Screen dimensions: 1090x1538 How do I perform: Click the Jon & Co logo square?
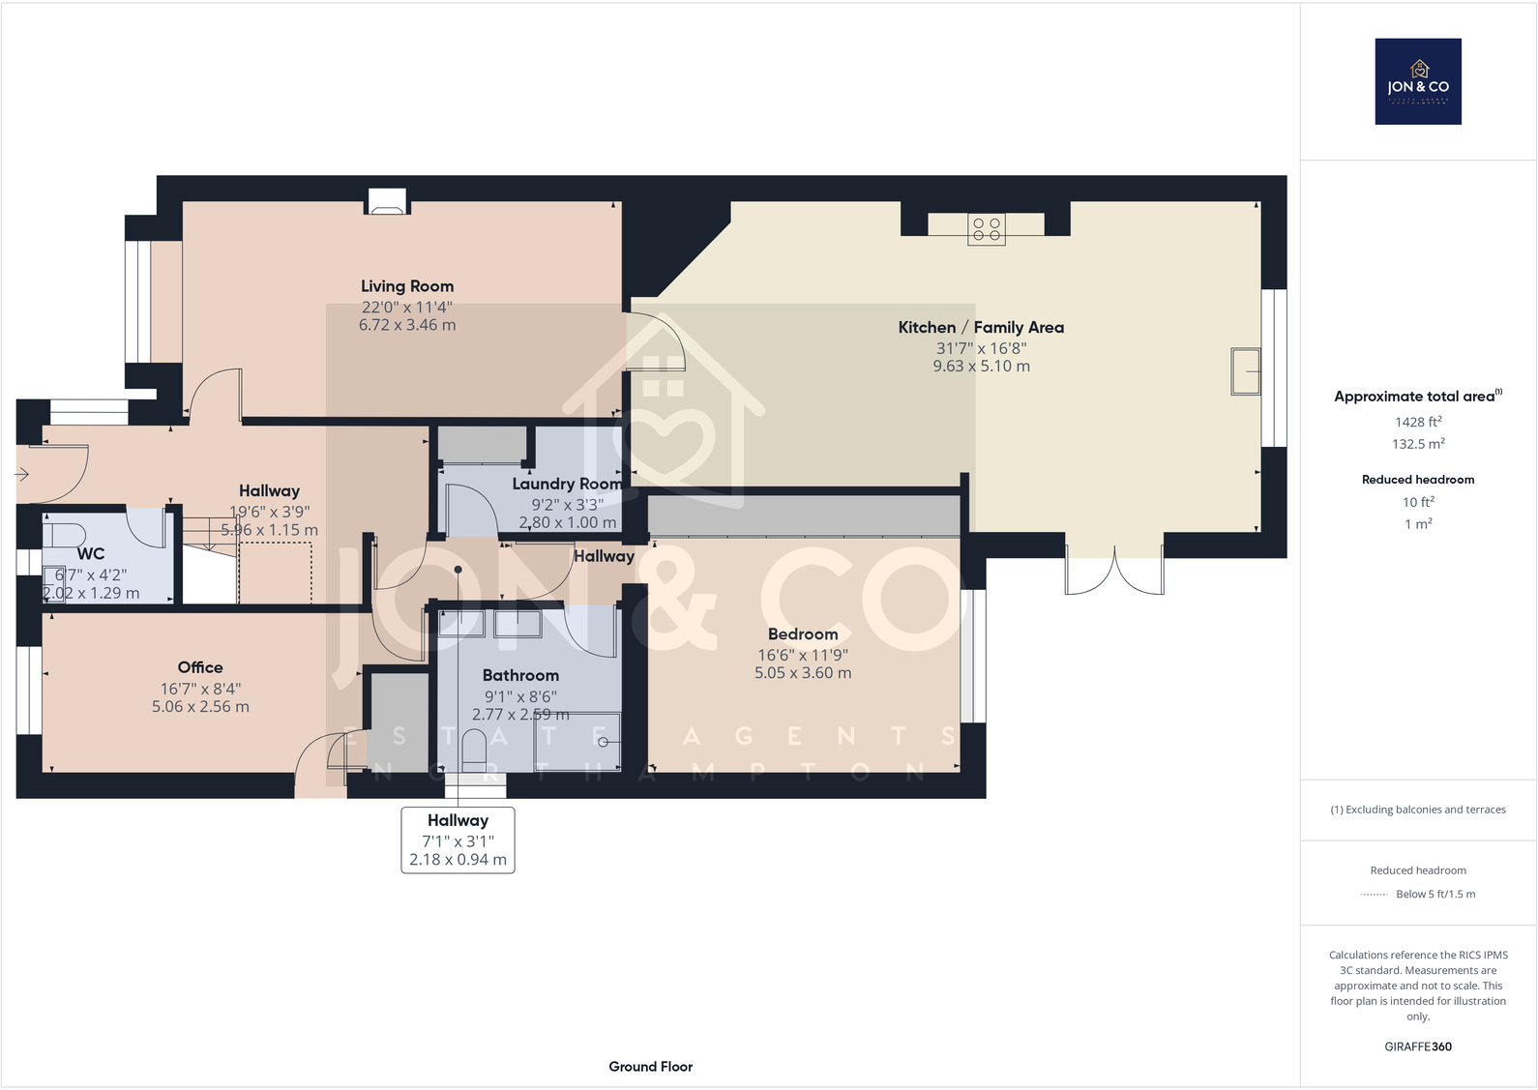pyautogui.click(x=1418, y=81)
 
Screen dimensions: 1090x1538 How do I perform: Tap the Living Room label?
pyautogui.click(x=407, y=286)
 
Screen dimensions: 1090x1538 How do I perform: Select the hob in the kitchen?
pyautogui.click(x=987, y=229)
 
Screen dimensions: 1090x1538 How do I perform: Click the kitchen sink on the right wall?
pyautogui.click(x=1246, y=371)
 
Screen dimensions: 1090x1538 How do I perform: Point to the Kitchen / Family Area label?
pyautogui.click(x=981, y=328)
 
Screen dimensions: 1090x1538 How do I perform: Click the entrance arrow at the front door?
pyautogui.click(x=22, y=474)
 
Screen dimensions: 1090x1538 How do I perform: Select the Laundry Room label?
pyautogui.click(x=567, y=484)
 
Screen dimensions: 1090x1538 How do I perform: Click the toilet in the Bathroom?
pyautogui.click(x=474, y=750)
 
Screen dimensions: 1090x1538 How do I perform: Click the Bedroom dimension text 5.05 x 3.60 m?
pyautogui.click(x=803, y=673)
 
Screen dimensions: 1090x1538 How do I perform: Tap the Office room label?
pyautogui.click(x=200, y=667)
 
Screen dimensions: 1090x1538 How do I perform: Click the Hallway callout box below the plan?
pyautogui.click(x=458, y=840)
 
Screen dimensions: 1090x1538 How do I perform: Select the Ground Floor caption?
pyautogui.click(x=650, y=1066)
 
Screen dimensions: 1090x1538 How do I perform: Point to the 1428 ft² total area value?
pyautogui.click(x=1418, y=422)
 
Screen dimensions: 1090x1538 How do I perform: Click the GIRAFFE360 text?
pyautogui.click(x=1418, y=1046)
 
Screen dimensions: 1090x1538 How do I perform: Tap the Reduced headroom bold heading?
pyautogui.click(x=1418, y=480)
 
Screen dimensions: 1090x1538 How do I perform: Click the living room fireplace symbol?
pyautogui.click(x=387, y=205)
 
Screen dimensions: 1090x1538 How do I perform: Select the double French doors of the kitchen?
pyautogui.click(x=1114, y=573)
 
